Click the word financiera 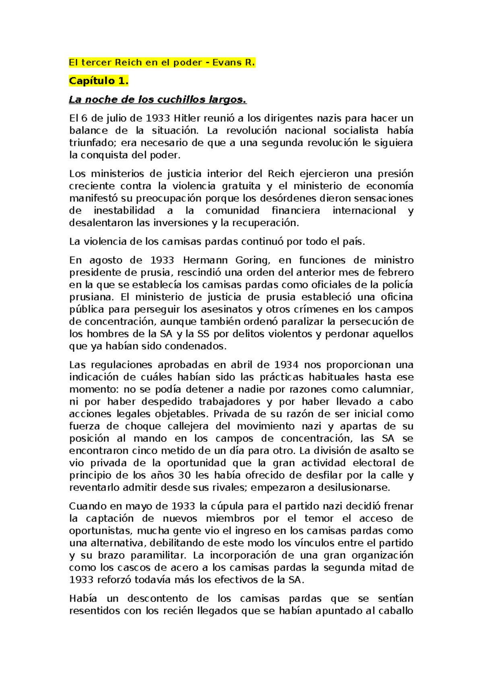point(296,210)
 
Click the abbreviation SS point(203,334)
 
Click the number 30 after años point(184,475)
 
